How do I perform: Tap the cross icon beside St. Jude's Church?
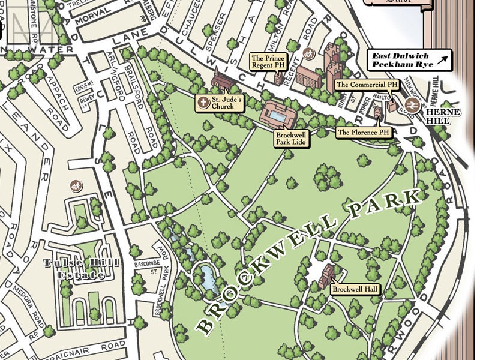point(203,103)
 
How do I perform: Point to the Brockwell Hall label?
point(356,289)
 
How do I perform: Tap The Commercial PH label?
point(367,85)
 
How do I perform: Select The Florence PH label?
point(364,131)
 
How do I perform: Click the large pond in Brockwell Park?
point(208,277)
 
